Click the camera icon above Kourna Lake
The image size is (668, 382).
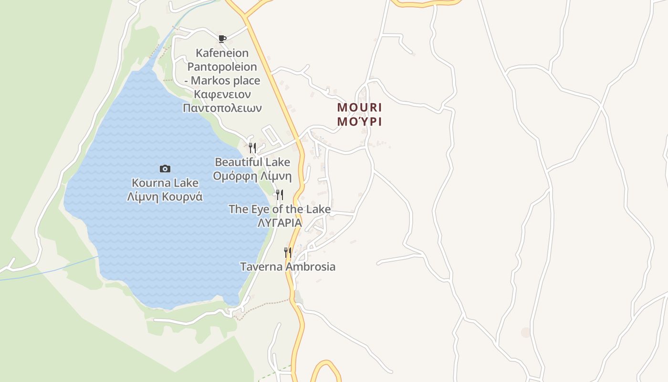click(165, 169)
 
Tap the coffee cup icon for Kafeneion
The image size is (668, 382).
click(222, 39)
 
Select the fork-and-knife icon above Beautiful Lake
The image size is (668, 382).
click(252, 148)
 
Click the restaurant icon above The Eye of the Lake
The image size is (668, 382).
click(280, 194)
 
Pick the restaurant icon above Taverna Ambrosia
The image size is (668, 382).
click(287, 252)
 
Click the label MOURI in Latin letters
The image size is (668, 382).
click(359, 107)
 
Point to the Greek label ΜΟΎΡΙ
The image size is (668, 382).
click(359, 121)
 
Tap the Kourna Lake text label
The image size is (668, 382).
click(165, 183)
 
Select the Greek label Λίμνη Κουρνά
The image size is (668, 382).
click(165, 197)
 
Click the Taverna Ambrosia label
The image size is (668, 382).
click(288, 267)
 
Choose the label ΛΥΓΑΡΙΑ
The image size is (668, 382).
click(280, 223)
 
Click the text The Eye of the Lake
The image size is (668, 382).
click(280, 209)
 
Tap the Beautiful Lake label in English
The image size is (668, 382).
click(252, 162)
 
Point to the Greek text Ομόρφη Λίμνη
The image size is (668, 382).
click(252, 176)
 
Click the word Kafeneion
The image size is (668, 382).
click(222, 53)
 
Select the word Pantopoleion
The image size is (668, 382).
click(222, 67)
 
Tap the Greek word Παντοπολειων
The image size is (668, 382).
click(222, 108)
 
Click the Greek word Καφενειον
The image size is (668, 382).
click(222, 95)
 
